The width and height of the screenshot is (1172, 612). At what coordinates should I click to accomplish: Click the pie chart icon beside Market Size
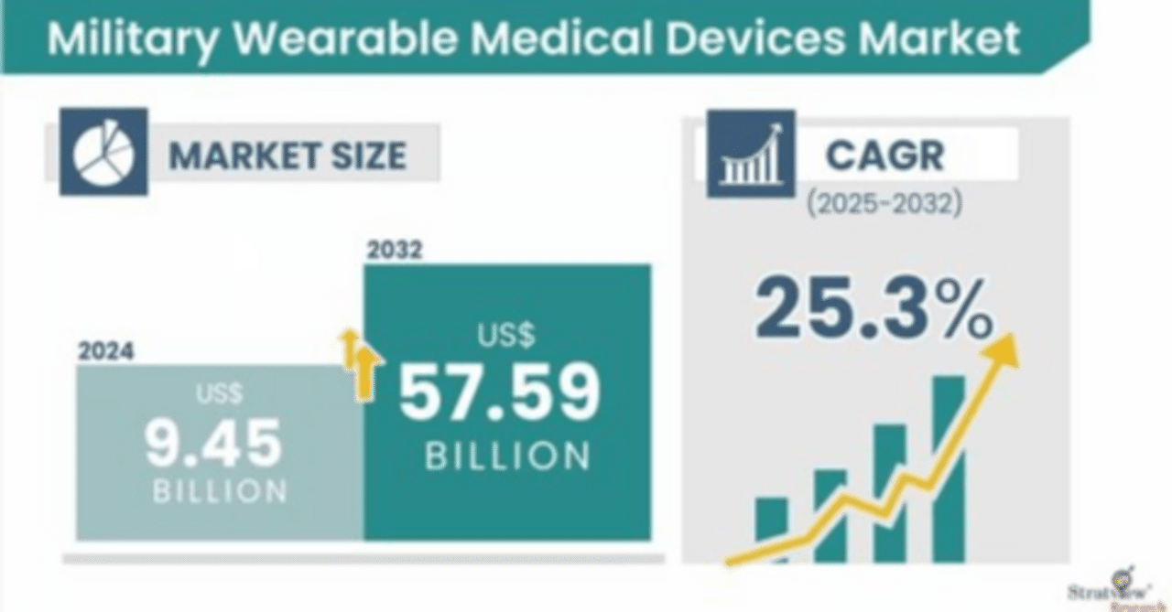pos(103,152)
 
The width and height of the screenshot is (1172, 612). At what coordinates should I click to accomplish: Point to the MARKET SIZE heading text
pos(288,155)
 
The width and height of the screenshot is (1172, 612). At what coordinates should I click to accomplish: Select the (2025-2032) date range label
pos(884,203)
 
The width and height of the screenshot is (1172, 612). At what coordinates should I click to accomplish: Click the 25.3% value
pos(874,308)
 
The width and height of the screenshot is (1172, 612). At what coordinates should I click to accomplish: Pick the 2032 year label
pos(395,250)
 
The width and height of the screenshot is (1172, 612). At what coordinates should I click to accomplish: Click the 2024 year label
pos(105,351)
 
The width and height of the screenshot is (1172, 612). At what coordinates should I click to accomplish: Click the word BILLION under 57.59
pos(507,456)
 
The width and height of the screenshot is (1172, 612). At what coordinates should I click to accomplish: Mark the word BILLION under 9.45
pos(220,491)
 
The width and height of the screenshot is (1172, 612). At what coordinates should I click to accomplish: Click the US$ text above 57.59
pos(505,336)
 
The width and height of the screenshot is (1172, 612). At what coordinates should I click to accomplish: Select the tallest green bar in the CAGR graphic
pos(949,467)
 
